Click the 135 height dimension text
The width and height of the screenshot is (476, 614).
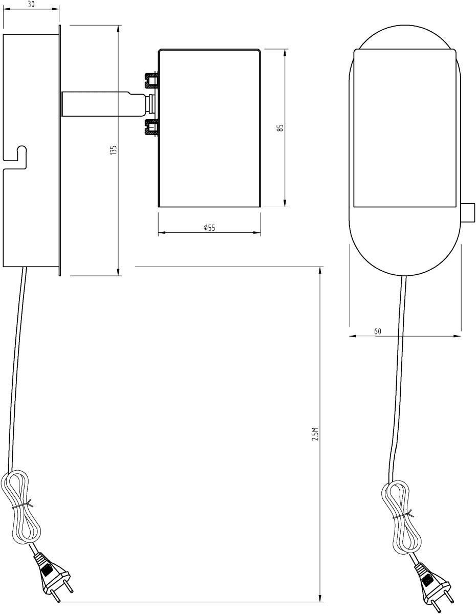[114, 150]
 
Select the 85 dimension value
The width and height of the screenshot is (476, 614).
[280, 128]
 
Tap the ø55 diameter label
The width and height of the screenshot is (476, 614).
[209, 228]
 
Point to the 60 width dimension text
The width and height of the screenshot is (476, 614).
[377, 332]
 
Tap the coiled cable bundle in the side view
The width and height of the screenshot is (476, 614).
[20, 507]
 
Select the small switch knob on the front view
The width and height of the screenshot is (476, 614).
[467, 213]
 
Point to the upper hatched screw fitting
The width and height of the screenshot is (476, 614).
[152, 79]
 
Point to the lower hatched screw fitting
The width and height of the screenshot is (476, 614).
[152, 126]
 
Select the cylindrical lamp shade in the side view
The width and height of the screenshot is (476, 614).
[209, 128]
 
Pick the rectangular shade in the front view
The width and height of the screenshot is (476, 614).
[404, 128]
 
